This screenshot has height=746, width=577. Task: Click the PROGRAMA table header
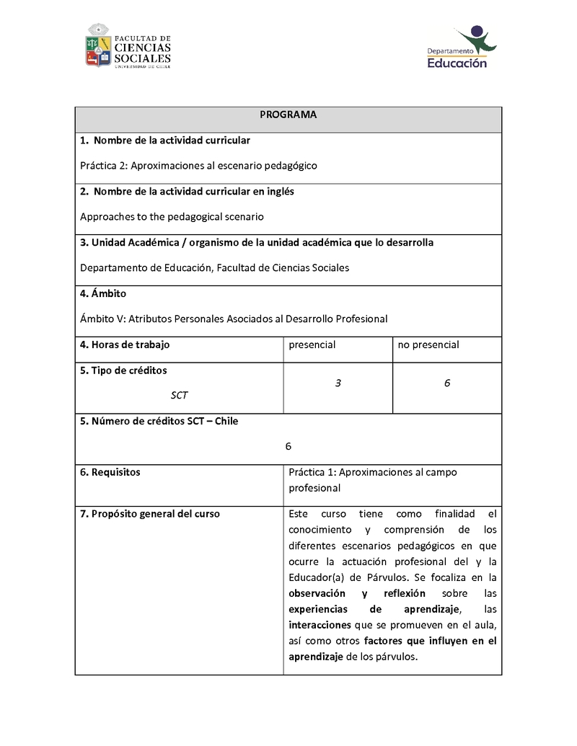pos(288,115)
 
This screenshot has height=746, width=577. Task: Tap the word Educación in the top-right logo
pos(457,63)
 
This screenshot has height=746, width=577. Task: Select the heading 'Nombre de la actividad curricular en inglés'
pos(187,192)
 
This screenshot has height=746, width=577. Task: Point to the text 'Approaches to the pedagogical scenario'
pos(172,216)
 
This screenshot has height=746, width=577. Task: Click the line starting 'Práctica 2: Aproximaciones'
pos(198,165)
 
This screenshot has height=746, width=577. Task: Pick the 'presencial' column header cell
pos(312,345)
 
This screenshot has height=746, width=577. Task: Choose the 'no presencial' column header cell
pos(428,345)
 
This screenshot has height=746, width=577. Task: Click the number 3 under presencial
pos(338,383)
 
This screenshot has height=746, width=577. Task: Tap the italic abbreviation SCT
pos(179,395)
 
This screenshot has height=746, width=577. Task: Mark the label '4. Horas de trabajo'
pos(125,345)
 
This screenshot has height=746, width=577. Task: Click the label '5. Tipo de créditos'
pos(123,370)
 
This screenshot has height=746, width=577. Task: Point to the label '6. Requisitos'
pos(110,472)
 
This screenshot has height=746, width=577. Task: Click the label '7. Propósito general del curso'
pos(150,514)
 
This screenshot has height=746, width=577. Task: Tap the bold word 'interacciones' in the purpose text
pos(320,624)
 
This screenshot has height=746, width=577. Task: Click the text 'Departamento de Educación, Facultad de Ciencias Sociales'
pos(214,267)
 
